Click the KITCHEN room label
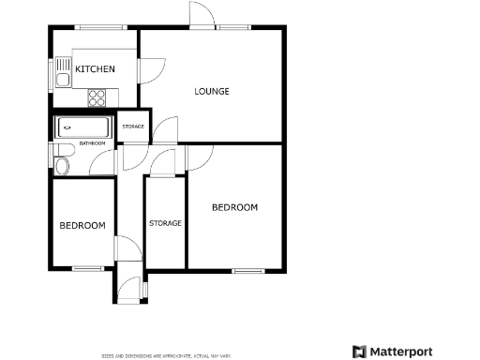coord(96,69)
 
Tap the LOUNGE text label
coord(212,91)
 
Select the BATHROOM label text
coord(92,143)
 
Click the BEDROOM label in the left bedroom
coord(83,225)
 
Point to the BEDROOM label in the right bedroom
coord(234,207)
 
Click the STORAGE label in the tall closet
coord(165,223)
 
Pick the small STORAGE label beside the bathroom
coord(133,126)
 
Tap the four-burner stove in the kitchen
coord(97,97)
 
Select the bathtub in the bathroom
coord(83,127)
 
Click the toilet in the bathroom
coord(62,160)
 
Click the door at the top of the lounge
coord(201,16)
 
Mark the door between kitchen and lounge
coord(150,70)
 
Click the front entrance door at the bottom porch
coord(129,290)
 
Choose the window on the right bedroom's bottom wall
coord(248,270)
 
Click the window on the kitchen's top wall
coord(91,27)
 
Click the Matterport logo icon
coord(359,352)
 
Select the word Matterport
coord(401,352)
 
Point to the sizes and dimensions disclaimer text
coord(167,355)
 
